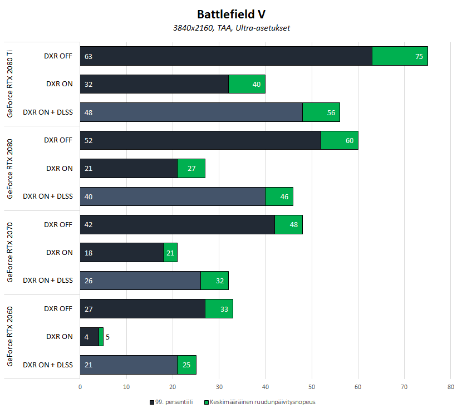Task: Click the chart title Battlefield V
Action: [x=230, y=13]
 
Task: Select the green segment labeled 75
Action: [x=400, y=56]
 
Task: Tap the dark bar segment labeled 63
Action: [x=226, y=56]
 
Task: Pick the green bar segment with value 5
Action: [x=101, y=336]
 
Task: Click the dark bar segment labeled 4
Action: [x=90, y=336]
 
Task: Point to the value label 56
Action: [x=331, y=112]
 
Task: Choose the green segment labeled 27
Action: [x=191, y=168]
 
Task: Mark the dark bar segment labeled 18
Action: [x=122, y=252]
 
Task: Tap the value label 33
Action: [x=224, y=308]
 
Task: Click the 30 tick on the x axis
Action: [x=219, y=386]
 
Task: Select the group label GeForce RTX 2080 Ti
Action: [x=10, y=84]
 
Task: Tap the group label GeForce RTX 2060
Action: [x=10, y=336]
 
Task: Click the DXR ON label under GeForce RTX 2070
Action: [x=59, y=252]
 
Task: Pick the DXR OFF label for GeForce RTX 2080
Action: [x=58, y=140]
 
